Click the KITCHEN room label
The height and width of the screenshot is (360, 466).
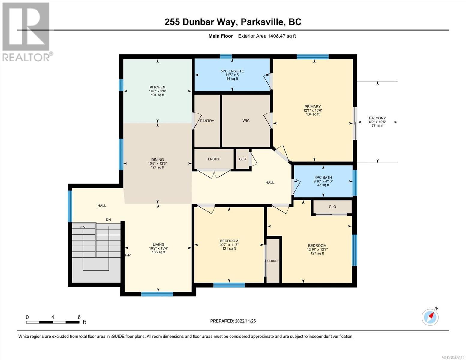coord(158,87)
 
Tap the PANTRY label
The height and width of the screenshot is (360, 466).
coord(207,121)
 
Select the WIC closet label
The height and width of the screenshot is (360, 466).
coord(246,121)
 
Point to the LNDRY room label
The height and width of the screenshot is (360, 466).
coord(214,159)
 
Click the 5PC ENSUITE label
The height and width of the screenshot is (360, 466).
coord(232,71)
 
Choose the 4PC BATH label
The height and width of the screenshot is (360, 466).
coord(323,177)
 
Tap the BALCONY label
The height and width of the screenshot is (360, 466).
coord(377,118)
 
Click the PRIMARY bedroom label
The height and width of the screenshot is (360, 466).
coord(313,106)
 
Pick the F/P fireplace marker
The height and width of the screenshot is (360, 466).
coord(128,255)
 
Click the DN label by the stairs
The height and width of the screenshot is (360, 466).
coord(108,220)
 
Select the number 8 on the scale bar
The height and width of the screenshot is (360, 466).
coord(79,317)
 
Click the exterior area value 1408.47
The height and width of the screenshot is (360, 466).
coord(277,36)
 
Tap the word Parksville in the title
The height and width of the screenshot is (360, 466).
coord(261,22)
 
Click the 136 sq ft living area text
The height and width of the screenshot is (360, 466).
coord(158,252)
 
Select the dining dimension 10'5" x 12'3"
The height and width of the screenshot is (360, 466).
coord(158,163)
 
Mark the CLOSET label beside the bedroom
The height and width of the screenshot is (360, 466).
coord(273,261)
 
